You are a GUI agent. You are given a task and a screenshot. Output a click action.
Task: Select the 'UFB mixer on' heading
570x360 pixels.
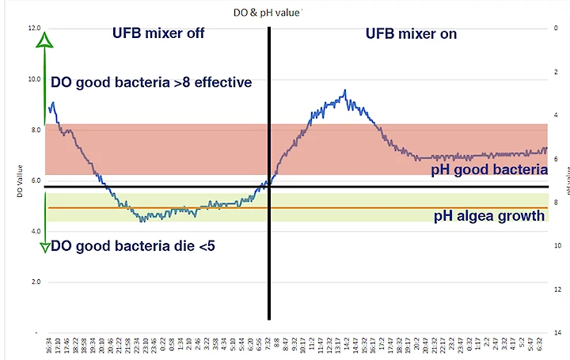tap(411, 34)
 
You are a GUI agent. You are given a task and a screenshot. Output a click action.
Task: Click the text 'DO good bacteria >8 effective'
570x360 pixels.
tap(151, 81)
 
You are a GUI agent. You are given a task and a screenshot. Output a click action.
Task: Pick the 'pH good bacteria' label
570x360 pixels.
tap(489, 169)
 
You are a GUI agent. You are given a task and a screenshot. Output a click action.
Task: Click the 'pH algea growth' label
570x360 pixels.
tap(489, 216)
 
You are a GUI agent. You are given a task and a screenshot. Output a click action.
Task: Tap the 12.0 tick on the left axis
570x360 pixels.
tap(34, 28)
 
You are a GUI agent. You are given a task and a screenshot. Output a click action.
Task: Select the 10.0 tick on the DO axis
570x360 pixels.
tap(34, 79)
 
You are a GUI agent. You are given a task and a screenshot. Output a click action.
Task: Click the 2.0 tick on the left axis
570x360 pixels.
tap(34, 282)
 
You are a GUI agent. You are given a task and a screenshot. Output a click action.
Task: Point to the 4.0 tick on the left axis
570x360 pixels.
tap(34, 231)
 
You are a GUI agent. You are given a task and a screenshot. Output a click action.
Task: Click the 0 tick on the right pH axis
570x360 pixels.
tap(557, 28)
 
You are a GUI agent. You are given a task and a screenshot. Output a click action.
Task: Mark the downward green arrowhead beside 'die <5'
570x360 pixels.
tap(47, 246)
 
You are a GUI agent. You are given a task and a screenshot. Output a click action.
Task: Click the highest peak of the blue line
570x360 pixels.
tap(344, 92)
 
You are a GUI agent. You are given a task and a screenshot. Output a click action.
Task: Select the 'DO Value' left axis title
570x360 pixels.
tap(19, 180)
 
